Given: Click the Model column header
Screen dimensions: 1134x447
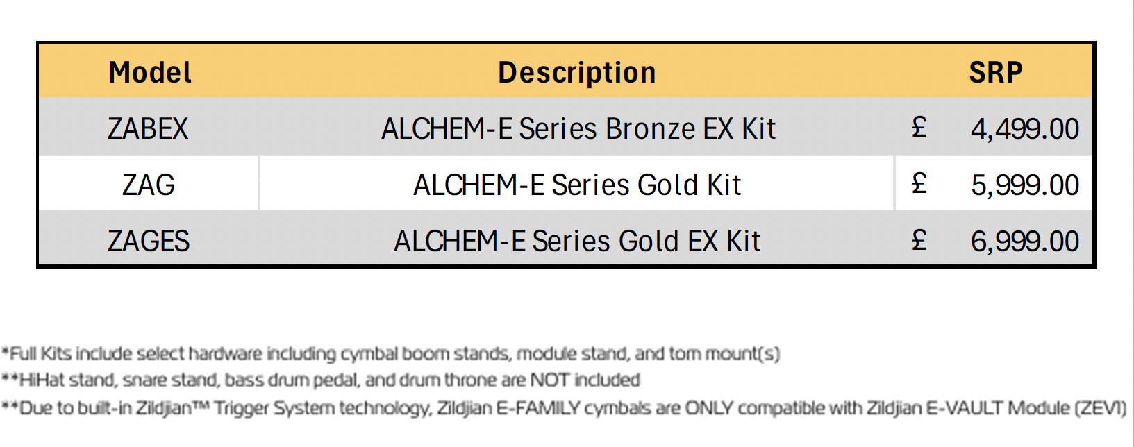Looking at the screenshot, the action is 150,72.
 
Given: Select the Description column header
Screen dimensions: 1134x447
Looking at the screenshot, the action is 577,72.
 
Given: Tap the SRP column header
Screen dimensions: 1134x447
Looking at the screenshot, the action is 996,72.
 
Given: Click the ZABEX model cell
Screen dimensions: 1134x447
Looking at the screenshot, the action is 148,128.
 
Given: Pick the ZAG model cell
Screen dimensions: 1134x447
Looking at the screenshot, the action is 149,185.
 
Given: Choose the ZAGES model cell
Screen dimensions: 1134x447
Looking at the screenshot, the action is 149,241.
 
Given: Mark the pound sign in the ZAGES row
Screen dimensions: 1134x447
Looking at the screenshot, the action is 919,239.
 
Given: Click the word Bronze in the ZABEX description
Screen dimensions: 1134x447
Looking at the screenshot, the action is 650,128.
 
